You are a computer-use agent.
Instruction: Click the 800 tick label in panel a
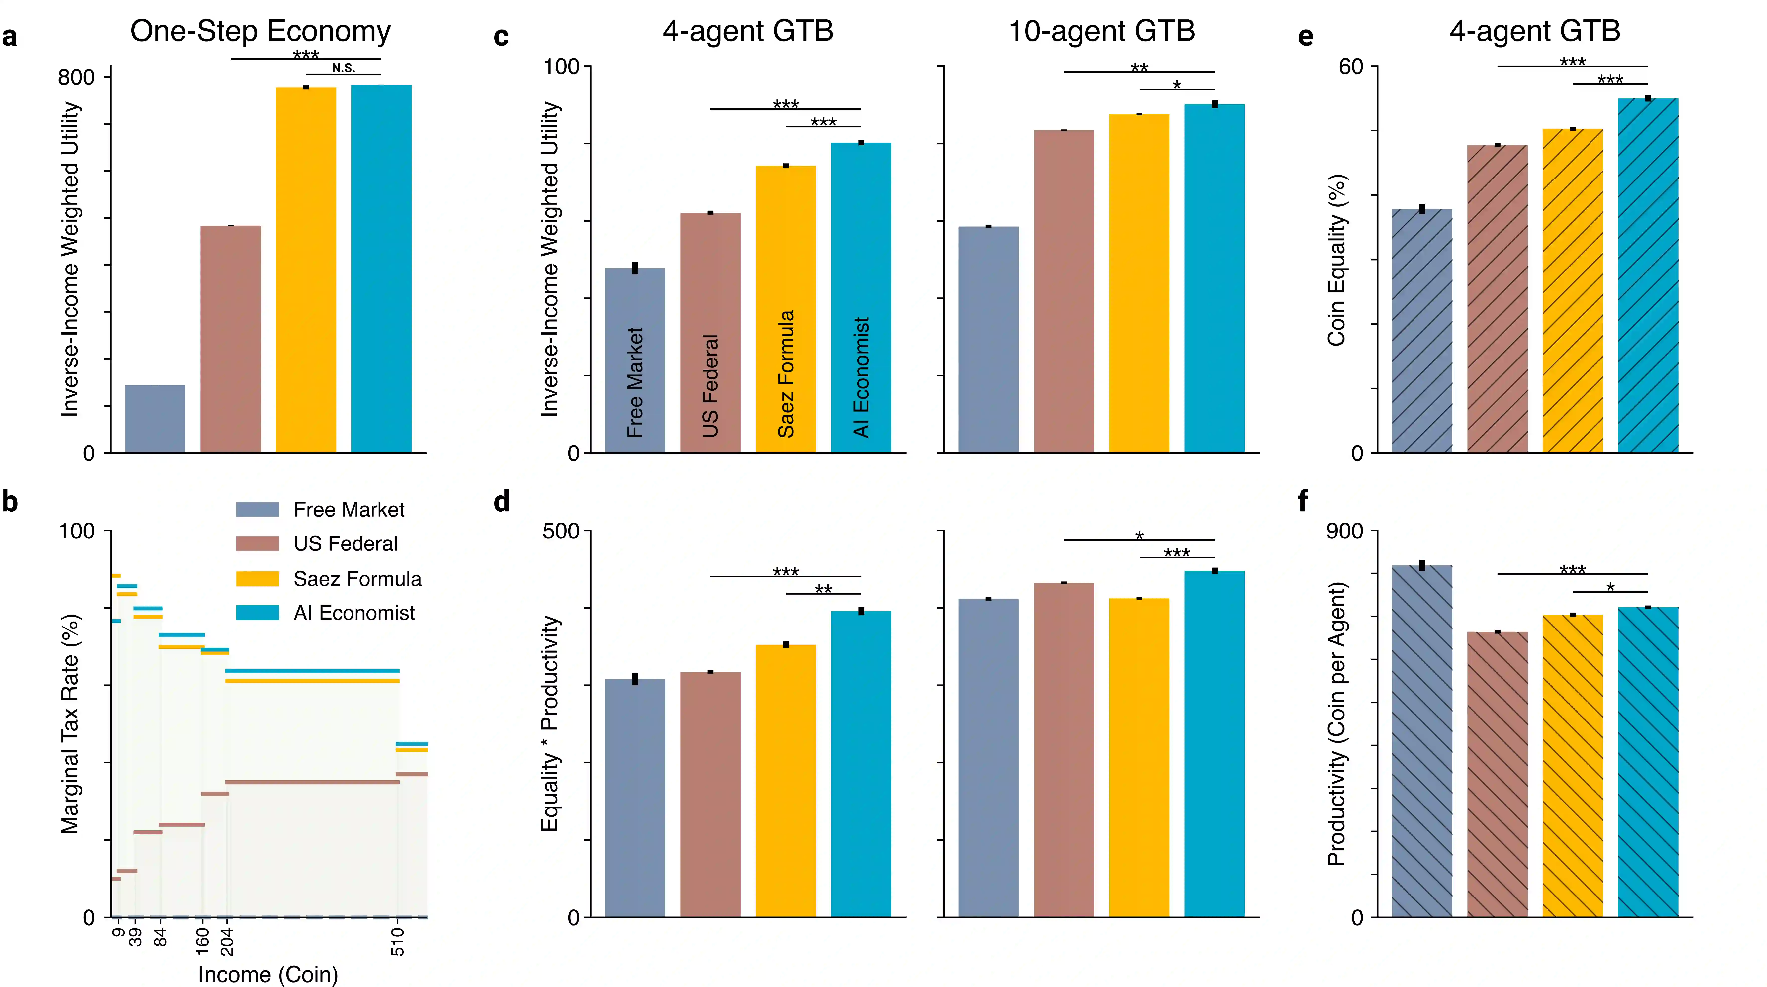coord(76,77)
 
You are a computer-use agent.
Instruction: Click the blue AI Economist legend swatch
coord(257,613)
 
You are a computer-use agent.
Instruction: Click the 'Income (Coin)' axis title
coord(268,974)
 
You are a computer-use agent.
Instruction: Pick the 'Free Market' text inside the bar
coord(635,382)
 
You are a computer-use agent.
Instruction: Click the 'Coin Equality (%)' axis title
coord(1336,261)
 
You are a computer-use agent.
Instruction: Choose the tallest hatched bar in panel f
coord(1422,741)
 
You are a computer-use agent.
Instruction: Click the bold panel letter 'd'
coord(501,501)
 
